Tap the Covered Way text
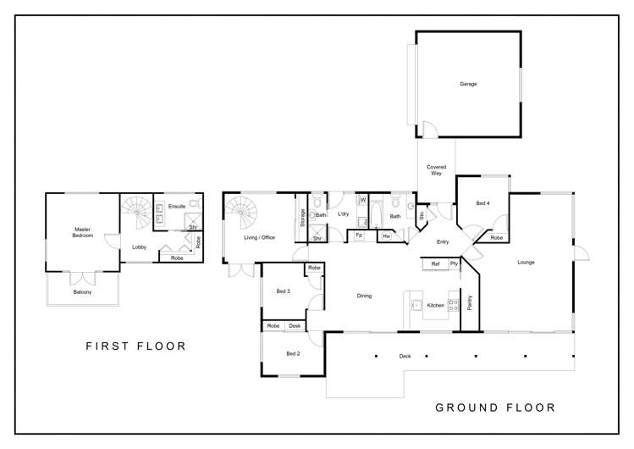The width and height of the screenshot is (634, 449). click(437, 170)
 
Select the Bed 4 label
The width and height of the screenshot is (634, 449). click(482, 204)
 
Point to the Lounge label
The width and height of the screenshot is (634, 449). click(526, 262)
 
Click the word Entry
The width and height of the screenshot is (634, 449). click(442, 242)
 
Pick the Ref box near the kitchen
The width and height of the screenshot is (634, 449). click(435, 264)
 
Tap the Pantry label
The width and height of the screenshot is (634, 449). click(469, 303)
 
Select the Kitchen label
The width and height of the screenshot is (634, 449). click(435, 305)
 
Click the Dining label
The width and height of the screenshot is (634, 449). click(364, 296)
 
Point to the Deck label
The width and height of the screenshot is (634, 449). click(405, 356)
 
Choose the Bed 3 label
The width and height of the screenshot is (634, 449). click(284, 291)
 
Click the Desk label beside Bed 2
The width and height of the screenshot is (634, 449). click(295, 326)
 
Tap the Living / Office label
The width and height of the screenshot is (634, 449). click(260, 237)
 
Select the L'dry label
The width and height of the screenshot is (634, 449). click(344, 213)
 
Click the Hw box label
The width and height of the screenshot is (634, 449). click(386, 236)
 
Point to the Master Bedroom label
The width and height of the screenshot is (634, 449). click(82, 232)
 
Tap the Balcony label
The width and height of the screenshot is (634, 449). click(82, 292)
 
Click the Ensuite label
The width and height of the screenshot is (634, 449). click(177, 206)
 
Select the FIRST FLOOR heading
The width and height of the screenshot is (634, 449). click(135, 346)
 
